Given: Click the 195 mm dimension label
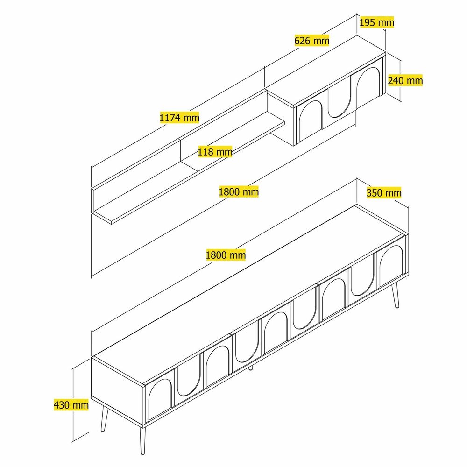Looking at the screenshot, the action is pyautogui.click(x=377, y=22).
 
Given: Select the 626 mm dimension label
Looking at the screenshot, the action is pyautogui.click(x=312, y=40).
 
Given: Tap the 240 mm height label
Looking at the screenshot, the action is pyautogui.click(x=405, y=80).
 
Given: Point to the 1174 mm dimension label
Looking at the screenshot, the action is pyautogui.click(x=179, y=118).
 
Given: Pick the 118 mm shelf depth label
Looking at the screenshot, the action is pyautogui.click(x=215, y=152).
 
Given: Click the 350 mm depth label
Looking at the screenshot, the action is pyautogui.click(x=384, y=193).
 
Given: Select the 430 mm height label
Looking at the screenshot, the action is pyautogui.click(x=71, y=405).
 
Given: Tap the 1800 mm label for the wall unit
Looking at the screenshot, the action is pyautogui.click(x=239, y=191).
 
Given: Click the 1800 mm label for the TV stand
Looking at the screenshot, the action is pyautogui.click(x=226, y=255).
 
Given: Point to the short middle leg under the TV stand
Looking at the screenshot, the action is pyautogui.click(x=250, y=368).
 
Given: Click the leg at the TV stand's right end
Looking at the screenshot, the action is pyautogui.click(x=395, y=295).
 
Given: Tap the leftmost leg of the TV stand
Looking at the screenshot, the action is pyautogui.click(x=104, y=418).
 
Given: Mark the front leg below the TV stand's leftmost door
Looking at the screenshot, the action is pyautogui.click(x=142, y=441).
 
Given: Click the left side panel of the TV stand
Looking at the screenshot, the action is pyautogui.click(x=118, y=390).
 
